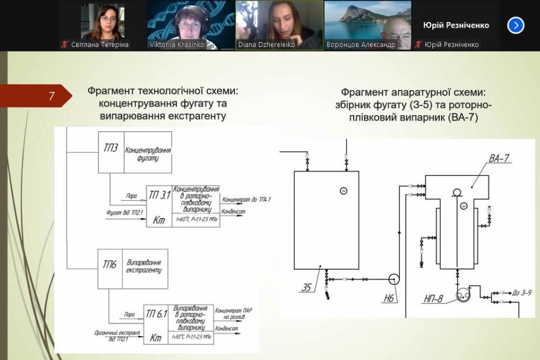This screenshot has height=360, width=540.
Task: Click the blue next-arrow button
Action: pyautogui.click(x=515, y=25)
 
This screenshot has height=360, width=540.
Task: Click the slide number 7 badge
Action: pyautogui.click(x=52, y=97)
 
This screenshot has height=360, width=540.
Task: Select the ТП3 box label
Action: pyautogui.click(x=111, y=148)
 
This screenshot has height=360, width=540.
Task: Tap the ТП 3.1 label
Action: pyautogui.click(x=159, y=195)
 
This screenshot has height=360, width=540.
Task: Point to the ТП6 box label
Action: pyautogui.click(x=110, y=265)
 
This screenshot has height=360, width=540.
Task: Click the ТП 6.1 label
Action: pyautogui.click(x=157, y=314)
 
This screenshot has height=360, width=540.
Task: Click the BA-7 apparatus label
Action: pyautogui.click(x=499, y=158)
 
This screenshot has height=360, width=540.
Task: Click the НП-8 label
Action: pyautogui.click(x=433, y=299)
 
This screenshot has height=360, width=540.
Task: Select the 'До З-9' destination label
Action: pyautogui.click(x=522, y=293)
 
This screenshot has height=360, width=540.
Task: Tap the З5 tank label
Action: pyautogui.click(x=306, y=286)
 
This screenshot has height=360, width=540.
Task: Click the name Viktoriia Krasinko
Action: pyautogui.click(x=177, y=45)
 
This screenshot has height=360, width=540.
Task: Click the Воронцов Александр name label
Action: pyautogui.click(x=361, y=45)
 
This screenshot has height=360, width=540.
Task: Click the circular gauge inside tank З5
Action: pyautogui.click(x=343, y=191)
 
